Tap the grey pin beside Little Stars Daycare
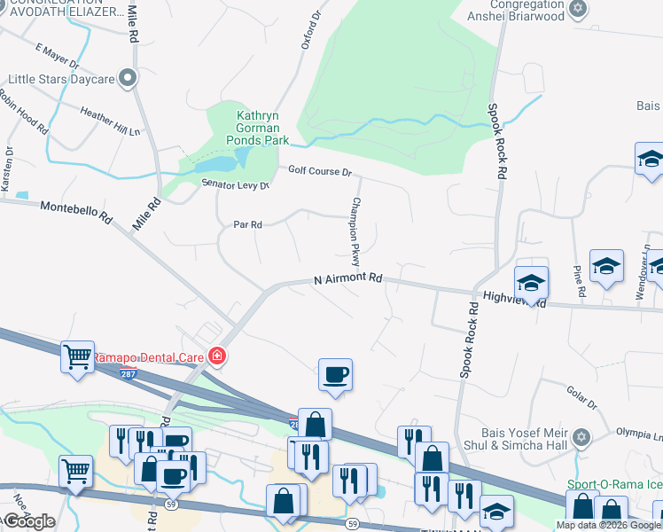click(x=129, y=78)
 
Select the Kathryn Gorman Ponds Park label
click(x=257, y=128)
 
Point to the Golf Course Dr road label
click(x=319, y=171)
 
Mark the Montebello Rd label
click(x=76, y=211)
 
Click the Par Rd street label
click(x=247, y=225)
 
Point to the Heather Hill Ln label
click(x=110, y=121)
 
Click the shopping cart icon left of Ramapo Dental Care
click(x=77, y=356)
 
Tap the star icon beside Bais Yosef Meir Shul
click(x=581, y=436)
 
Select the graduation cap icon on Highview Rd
click(x=532, y=282)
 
